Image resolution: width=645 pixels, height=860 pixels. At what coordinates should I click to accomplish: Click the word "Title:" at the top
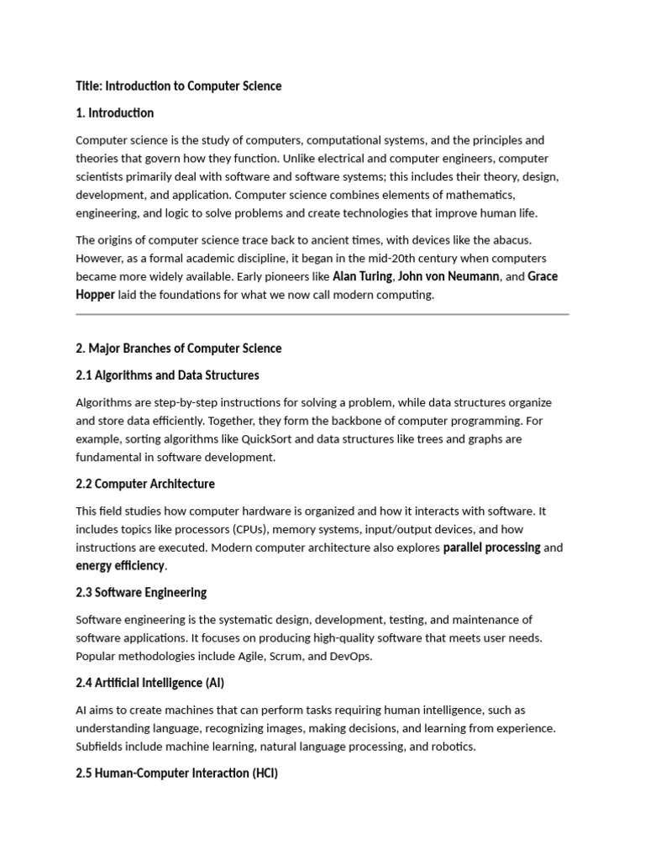point(88,86)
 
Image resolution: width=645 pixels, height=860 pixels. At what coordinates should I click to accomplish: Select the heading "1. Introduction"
point(115,113)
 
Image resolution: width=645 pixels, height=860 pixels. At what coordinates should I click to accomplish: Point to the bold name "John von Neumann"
point(448,276)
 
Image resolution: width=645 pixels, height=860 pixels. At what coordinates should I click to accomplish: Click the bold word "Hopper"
point(95,295)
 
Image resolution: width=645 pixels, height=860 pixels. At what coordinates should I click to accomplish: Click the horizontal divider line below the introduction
point(322,315)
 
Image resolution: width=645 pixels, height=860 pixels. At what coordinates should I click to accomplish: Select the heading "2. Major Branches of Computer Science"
point(179,348)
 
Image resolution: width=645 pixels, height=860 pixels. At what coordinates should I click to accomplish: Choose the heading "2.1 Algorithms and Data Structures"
point(167,375)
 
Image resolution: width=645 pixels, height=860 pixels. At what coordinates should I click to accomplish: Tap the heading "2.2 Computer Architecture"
point(145,484)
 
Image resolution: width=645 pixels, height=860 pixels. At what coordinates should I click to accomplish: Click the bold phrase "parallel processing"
point(491,548)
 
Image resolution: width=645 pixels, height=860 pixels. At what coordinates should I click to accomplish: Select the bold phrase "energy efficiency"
point(120,566)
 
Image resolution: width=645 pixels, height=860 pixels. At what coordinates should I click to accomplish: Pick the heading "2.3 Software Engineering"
point(141,593)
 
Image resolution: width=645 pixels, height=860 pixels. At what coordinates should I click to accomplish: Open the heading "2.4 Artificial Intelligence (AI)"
point(150,683)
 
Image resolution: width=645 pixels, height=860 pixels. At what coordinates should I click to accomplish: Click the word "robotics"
point(452,747)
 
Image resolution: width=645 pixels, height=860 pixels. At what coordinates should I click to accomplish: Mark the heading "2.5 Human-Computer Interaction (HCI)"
point(177,773)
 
